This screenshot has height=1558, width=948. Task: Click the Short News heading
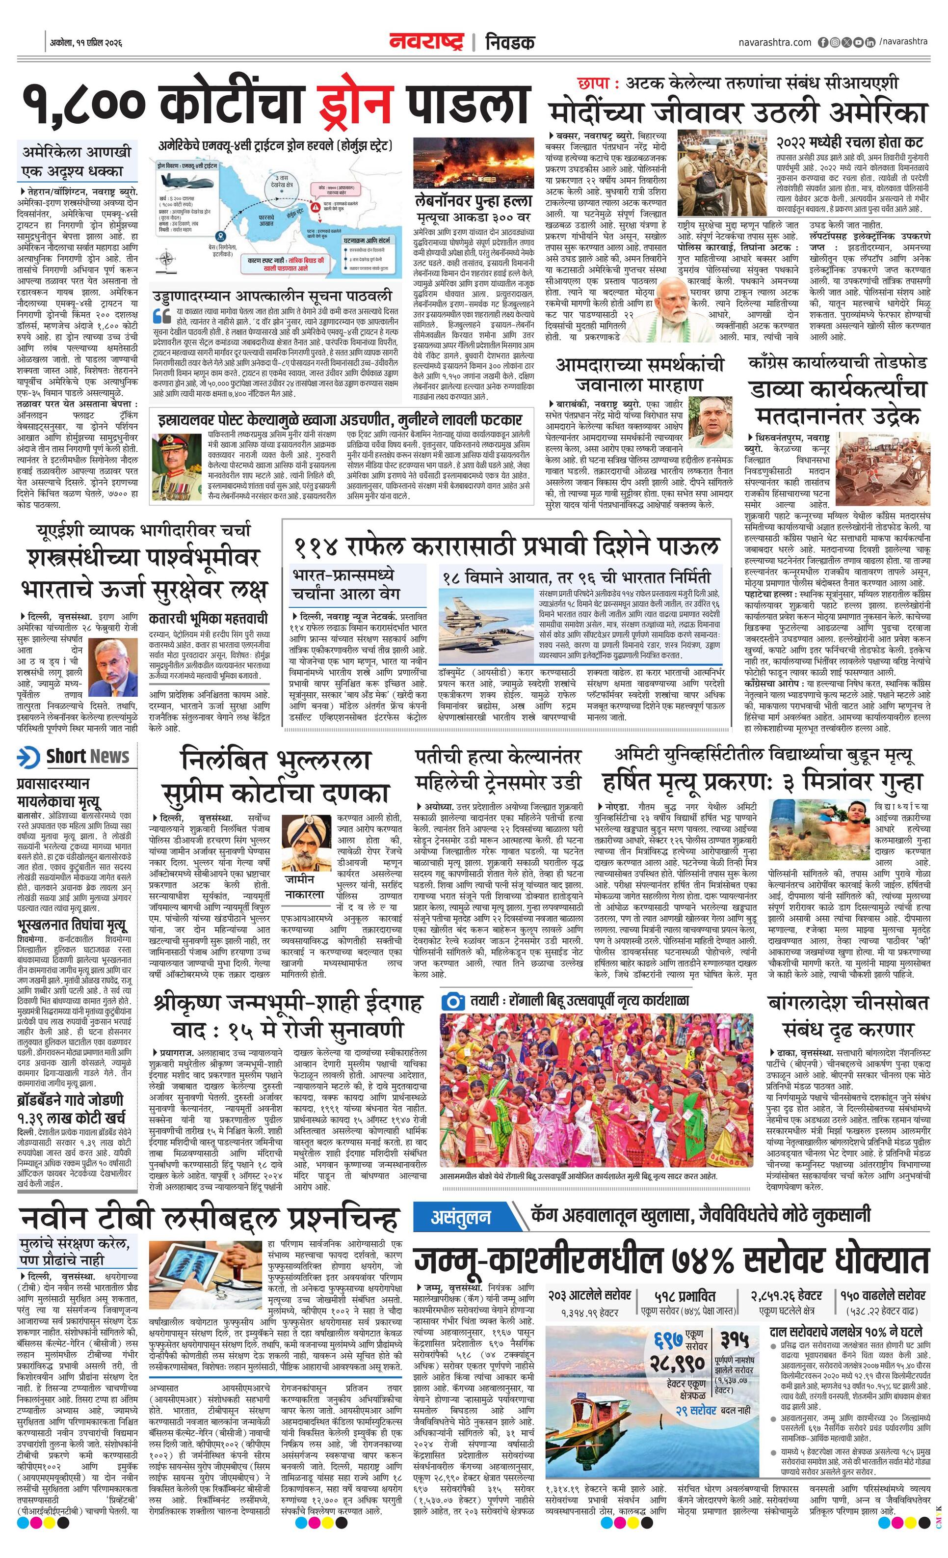point(87,757)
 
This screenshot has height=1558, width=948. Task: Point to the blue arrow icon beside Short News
point(28,757)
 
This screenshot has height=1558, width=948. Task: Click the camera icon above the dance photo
point(452,1001)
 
